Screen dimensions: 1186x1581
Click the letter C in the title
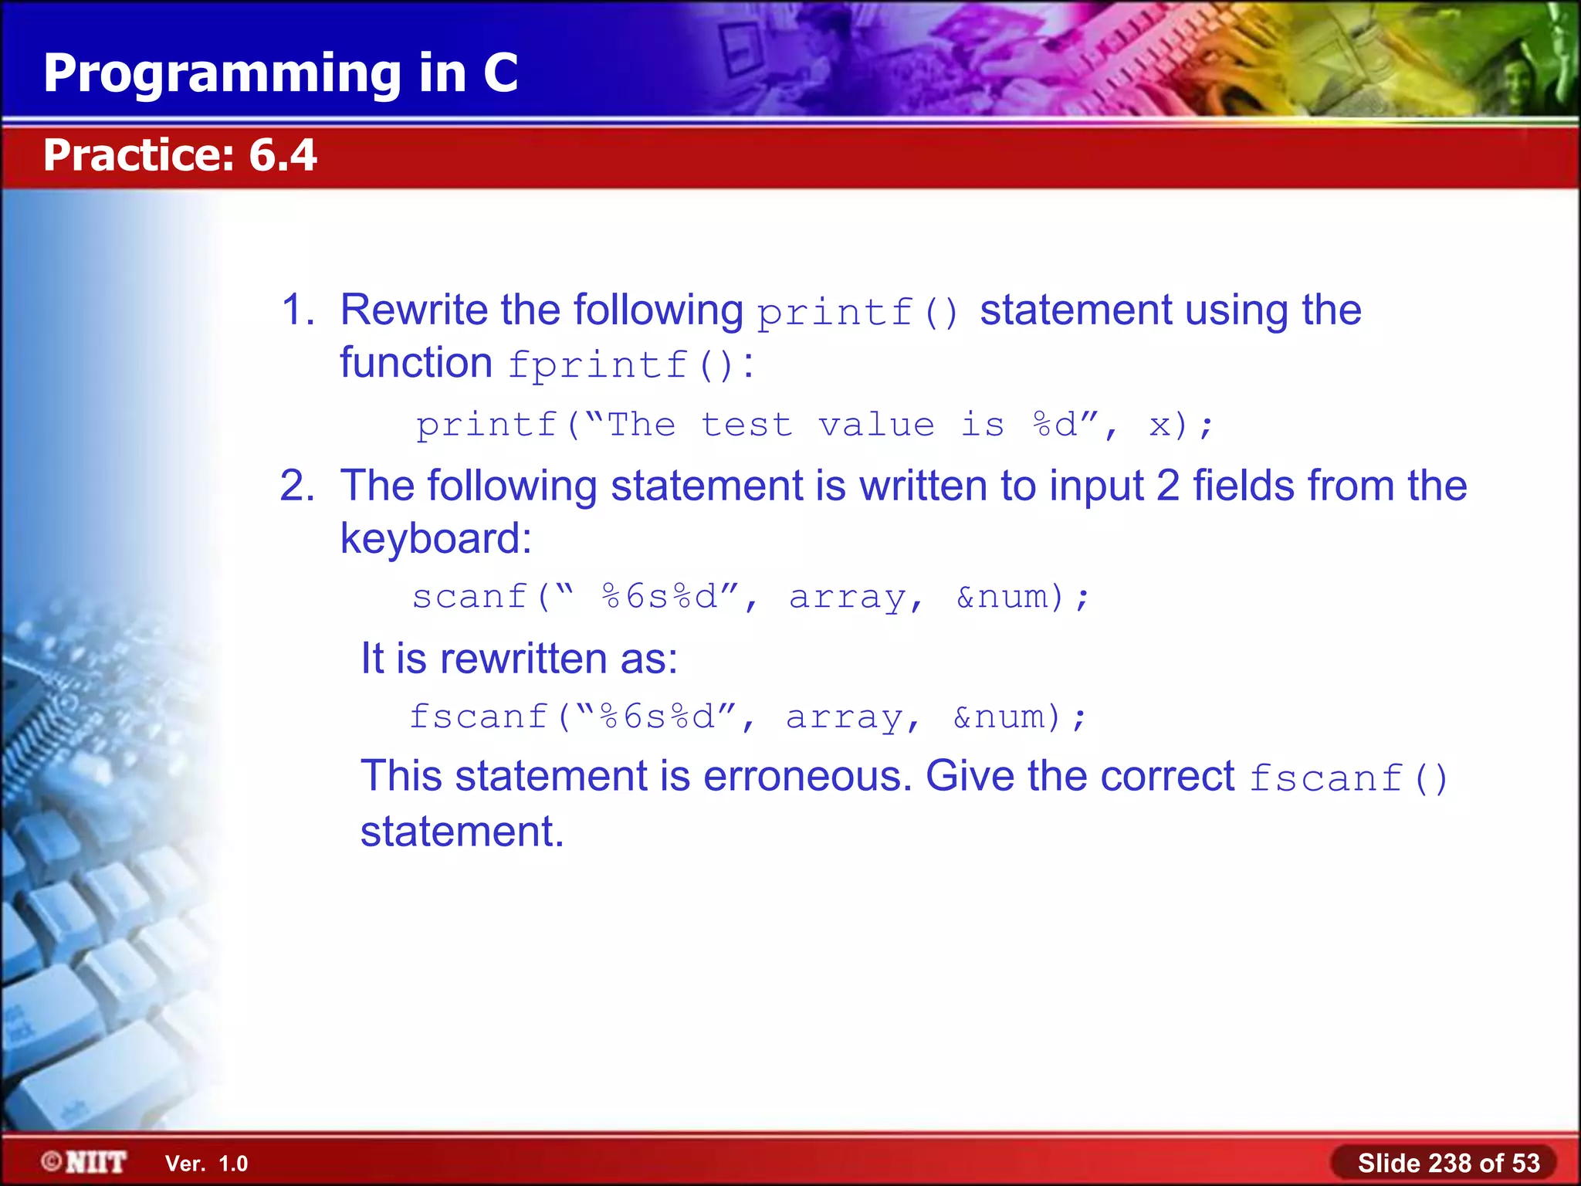500,74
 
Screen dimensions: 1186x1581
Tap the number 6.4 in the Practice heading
283,155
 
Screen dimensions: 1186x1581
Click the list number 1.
296,310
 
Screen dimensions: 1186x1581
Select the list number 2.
296,486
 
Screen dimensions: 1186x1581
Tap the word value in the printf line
876,425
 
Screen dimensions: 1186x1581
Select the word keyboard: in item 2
436,538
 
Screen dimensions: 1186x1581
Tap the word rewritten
523,659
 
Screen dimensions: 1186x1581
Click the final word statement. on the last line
462,832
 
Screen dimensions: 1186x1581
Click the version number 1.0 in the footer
233,1164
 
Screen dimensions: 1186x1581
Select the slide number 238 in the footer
1451,1163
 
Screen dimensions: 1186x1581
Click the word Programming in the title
222,74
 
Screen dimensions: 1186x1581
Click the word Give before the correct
970,776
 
